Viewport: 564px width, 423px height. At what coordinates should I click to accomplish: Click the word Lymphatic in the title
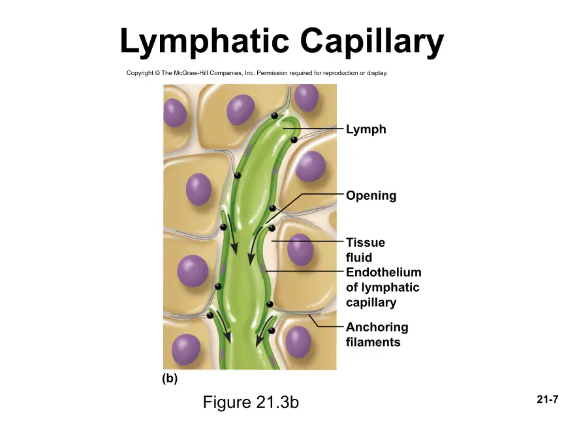coord(204,42)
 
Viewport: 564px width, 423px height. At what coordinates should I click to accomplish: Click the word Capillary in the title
coord(372,42)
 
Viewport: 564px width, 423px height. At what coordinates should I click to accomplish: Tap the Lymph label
coord(366,129)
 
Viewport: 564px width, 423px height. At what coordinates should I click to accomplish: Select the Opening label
coord(371,195)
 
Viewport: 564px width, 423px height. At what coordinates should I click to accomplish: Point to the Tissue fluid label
coord(365,250)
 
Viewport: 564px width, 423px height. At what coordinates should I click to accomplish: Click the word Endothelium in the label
coord(383,272)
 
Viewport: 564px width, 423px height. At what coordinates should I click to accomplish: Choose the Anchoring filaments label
coord(377,334)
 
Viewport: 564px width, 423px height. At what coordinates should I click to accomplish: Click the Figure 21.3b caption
coord(251,402)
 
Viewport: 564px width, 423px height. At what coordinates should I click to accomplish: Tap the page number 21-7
coord(548,399)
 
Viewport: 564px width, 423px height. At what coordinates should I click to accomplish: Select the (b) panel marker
coord(170,379)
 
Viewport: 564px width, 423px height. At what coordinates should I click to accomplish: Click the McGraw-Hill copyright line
coord(257,73)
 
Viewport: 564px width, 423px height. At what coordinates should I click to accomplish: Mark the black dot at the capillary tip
coord(274,116)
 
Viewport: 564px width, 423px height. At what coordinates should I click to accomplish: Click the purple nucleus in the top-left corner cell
coord(174,112)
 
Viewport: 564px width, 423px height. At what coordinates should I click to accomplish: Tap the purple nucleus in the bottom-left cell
coord(186,350)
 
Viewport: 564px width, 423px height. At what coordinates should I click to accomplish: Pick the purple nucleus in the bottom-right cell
coord(298,341)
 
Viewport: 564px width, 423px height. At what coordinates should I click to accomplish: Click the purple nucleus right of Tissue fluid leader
coord(300,249)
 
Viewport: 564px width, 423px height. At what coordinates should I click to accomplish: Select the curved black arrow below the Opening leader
coord(255,245)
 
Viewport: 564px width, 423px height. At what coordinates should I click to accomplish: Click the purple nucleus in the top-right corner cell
coord(306,97)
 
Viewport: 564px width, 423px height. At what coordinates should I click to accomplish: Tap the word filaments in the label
coord(373,342)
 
